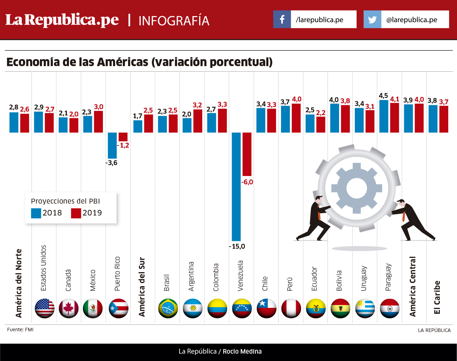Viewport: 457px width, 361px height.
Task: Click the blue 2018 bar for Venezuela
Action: tap(236, 186)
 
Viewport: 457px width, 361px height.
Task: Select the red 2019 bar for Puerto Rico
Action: tap(123, 137)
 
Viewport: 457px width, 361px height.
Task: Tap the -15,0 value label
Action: tap(237, 246)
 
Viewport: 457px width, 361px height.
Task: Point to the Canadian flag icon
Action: tap(69, 309)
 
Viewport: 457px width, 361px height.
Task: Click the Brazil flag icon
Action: tap(168, 309)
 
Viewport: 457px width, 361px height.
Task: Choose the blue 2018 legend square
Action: tap(36, 213)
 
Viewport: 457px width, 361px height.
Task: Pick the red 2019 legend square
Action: tap(76, 213)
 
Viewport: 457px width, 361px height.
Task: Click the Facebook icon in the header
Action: tap(282, 19)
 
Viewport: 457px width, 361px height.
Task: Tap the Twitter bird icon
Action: tap(372, 19)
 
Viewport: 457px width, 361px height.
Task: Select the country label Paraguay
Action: tap(388, 277)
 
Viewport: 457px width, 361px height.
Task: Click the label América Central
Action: tap(413, 286)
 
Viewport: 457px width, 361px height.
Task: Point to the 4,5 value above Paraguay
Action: tap(383, 95)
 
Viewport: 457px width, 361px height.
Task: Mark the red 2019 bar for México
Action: tap(98, 122)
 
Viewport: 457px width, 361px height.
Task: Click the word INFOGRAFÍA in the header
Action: tap(174, 21)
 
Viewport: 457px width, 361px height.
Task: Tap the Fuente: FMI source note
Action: tap(20, 330)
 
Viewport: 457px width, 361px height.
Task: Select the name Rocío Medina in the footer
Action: tap(242, 352)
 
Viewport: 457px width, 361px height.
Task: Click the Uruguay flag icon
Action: tap(365, 309)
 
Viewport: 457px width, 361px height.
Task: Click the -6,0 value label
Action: tap(247, 182)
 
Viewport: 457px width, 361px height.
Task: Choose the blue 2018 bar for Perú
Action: tap(286, 119)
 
